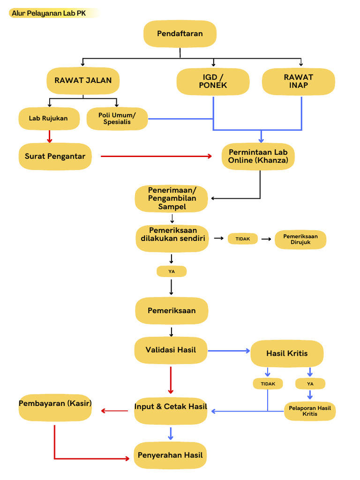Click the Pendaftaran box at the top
pyautogui.click(x=180, y=34)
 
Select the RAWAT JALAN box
pyautogui.click(x=83, y=81)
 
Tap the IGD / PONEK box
pyautogui.click(x=213, y=82)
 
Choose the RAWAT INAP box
pyautogui.click(x=299, y=82)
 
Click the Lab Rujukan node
pyautogui.click(x=48, y=119)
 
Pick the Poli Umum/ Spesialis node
pyautogui.click(x=117, y=119)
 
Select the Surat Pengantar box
pyautogui.click(x=55, y=156)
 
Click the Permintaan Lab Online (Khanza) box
pyautogui.click(x=258, y=156)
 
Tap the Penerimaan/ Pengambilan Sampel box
pyautogui.click(x=172, y=198)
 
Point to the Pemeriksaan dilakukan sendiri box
pyautogui.click(x=172, y=238)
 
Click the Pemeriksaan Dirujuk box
pyautogui.click(x=300, y=240)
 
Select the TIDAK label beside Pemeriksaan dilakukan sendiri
pyautogui.click(x=243, y=239)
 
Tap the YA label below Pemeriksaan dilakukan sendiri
pyautogui.click(x=172, y=271)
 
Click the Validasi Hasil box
pyautogui.click(x=171, y=350)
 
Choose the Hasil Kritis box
pyautogui.click(x=287, y=354)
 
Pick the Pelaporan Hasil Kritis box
pyautogui.click(x=310, y=411)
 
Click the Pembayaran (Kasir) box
pyautogui.click(x=55, y=407)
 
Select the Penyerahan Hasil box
pyautogui.click(x=171, y=455)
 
